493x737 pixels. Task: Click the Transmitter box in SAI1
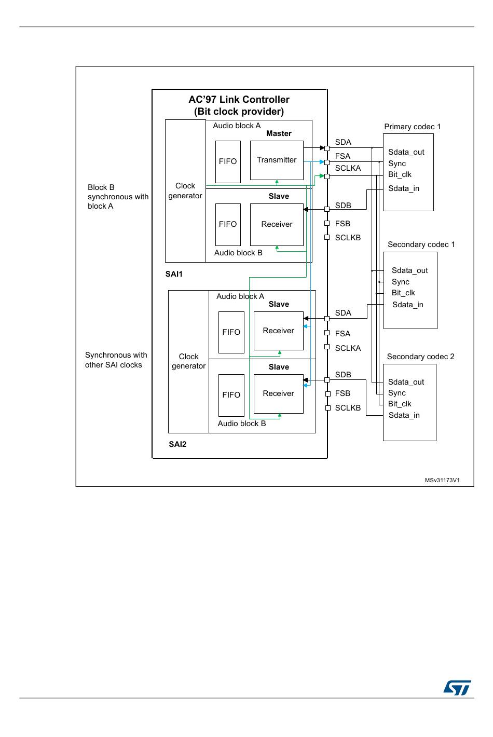point(277,160)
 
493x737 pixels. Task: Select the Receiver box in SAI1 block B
point(277,224)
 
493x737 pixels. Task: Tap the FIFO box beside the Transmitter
point(228,161)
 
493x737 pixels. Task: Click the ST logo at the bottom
point(457,688)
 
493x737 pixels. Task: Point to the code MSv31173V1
point(442,480)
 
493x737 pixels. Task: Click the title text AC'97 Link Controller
point(239,100)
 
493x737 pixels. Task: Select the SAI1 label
point(174,274)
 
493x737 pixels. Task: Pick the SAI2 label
point(177,444)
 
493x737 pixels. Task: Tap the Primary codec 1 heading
point(412,127)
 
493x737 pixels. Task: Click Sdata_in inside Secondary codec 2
point(404,415)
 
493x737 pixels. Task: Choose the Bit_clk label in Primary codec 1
point(400,174)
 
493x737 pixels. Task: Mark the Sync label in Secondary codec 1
point(400,282)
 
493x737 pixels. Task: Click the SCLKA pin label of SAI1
point(348,168)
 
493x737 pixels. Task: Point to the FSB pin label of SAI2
point(343,393)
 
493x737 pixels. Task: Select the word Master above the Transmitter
point(279,133)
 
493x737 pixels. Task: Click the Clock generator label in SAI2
point(188,361)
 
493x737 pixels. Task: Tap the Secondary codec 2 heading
point(420,357)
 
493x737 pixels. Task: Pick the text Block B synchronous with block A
point(118,197)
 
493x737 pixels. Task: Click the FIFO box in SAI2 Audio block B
point(231,395)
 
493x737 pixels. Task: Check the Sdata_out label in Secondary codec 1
point(409,270)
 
